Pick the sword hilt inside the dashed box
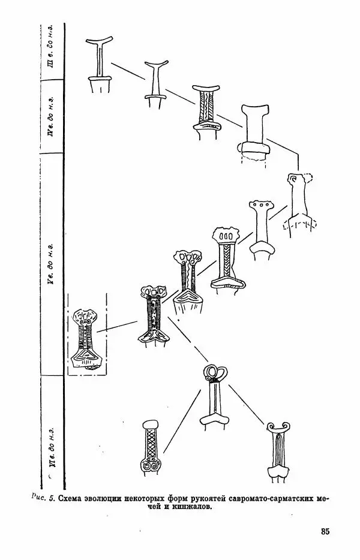(86, 339)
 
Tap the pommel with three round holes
(260, 206)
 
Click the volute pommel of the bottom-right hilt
(278, 427)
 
